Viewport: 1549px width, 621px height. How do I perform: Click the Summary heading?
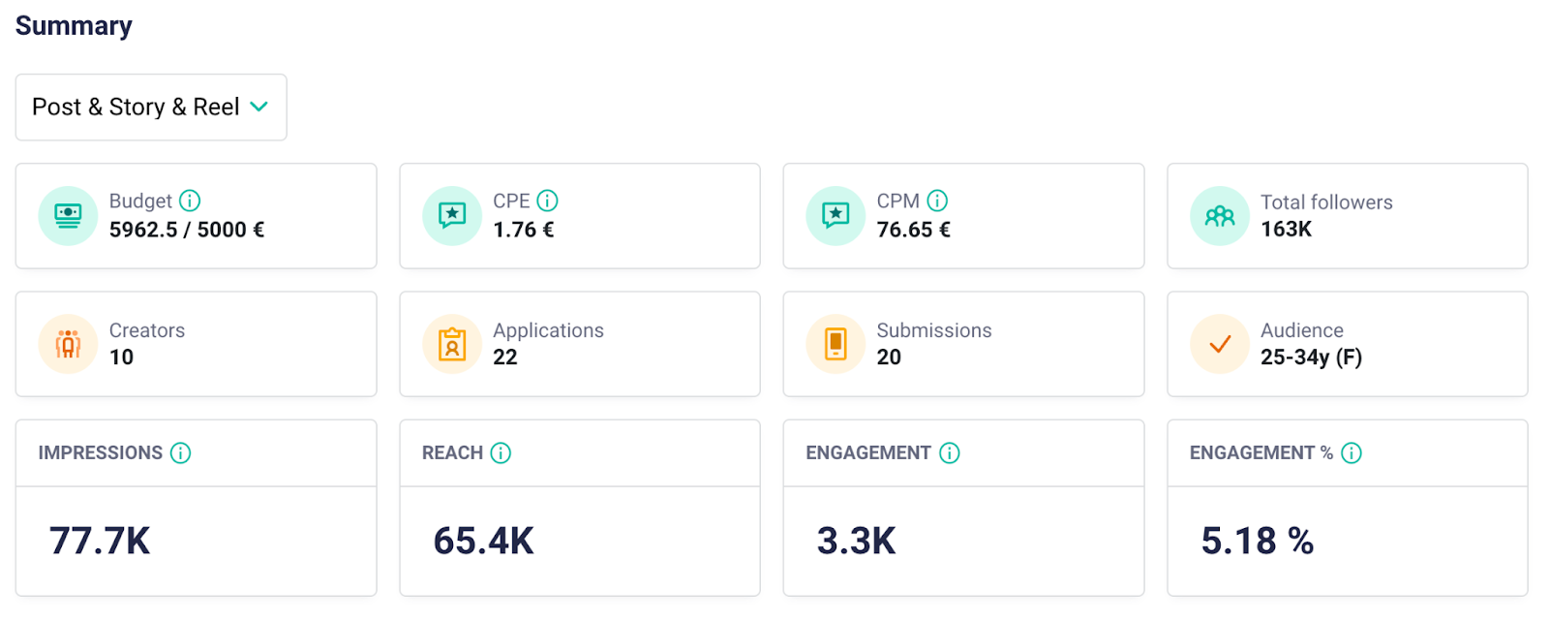[x=74, y=26]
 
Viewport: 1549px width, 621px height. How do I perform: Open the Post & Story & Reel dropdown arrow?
[x=258, y=107]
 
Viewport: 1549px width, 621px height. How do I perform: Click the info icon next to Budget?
[x=190, y=201]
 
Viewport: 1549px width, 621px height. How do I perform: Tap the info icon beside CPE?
[x=548, y=201]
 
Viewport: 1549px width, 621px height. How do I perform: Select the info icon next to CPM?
[x=937, y=201]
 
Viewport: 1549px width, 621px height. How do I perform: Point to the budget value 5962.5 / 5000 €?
[x=187, y=230]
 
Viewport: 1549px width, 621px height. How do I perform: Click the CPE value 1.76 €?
[x=524, y=230]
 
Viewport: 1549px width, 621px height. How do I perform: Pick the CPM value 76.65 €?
[x=914, y=230]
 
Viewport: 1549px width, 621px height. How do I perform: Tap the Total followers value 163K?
[x=1286, y=230]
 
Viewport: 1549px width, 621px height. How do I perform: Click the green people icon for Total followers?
[x=1220, y=216]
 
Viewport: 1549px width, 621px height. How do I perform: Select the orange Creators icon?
[x=68, y=344]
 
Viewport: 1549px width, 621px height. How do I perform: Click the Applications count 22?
[x=505, y=357]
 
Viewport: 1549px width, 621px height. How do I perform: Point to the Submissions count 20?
[x=889, y=357]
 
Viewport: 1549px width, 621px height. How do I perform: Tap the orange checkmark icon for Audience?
[x=1220, y=344]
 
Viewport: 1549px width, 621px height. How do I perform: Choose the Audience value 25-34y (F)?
[x=1311, y=357]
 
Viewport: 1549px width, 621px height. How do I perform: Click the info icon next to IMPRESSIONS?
[x=181, y=452]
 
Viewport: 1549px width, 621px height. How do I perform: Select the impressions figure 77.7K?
[x=100, y=541]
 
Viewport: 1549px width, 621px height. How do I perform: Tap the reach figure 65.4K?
[x=484, y=541]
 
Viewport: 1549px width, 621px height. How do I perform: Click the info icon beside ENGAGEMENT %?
[x=1352, y=452]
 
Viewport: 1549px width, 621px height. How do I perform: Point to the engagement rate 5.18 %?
[x=1257, y=541]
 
